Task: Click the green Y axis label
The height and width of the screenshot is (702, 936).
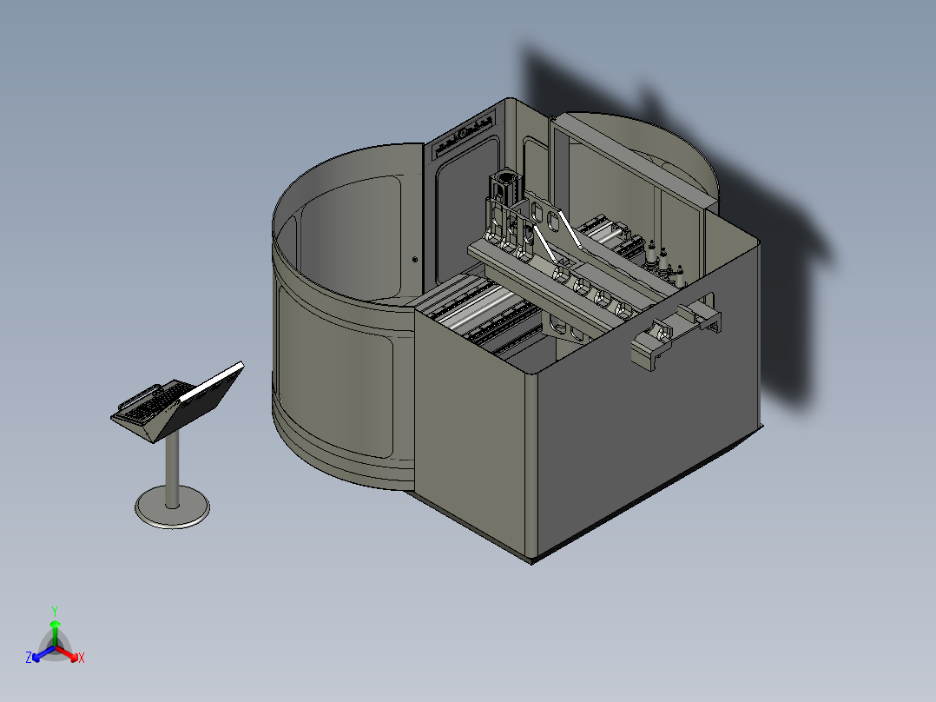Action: click(x=55, y=611)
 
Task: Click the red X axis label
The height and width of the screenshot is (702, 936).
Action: click(x=82, y=658)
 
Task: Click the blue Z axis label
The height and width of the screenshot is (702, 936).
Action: click(x=28, y=657)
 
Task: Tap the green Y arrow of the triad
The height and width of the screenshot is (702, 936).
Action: click(x=55, y=632)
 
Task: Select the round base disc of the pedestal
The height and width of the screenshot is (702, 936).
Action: click(x=172, y=507)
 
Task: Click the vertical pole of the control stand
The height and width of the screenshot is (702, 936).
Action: click(x=172, y=470)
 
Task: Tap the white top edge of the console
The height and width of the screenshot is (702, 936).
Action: click(x=212, y=381)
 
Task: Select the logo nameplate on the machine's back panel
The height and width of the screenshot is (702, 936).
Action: click(x=464, y=136)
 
